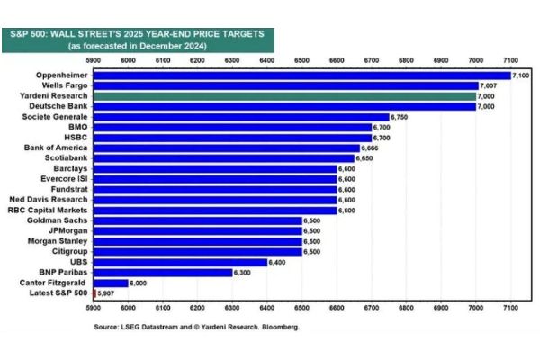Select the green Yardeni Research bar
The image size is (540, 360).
pos(284,94)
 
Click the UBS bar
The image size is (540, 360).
pos(180,261)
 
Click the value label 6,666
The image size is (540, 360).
pos(370,148)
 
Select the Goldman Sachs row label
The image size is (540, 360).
pos(57,220)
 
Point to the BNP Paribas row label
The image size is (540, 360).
pos(61,272)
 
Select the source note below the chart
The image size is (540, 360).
pos(196,327)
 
